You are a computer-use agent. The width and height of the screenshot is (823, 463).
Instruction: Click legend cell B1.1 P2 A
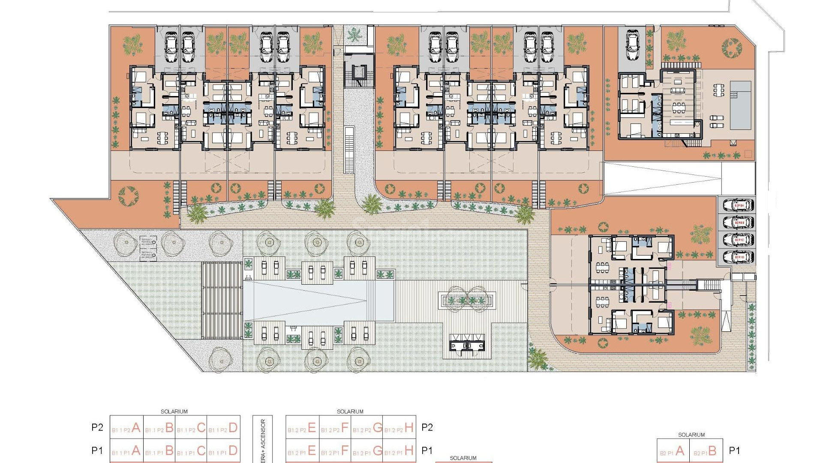126,428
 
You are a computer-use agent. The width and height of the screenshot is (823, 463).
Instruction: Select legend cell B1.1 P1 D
223,451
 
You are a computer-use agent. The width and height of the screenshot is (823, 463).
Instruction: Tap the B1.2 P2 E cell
302,428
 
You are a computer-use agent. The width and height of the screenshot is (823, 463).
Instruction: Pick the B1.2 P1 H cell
399,451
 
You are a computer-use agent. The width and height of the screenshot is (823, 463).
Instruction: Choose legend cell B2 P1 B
706,451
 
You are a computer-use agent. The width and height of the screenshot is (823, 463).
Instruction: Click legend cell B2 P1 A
673,451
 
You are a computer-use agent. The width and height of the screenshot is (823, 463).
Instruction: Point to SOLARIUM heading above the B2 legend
691,435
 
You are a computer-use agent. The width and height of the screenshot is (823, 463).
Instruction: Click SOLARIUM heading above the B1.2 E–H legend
350,412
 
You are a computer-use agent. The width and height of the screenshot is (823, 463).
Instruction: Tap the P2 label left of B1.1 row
97,427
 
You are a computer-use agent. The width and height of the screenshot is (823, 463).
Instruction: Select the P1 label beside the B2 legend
735,451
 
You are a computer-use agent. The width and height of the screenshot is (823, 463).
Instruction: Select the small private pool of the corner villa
740,105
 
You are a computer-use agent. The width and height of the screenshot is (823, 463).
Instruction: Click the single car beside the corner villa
633,45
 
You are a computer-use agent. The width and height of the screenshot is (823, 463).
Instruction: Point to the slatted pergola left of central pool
222,300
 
